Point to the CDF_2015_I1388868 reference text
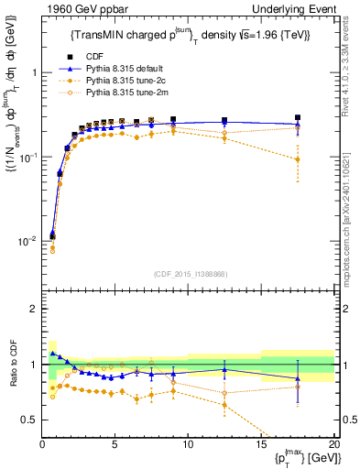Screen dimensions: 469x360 190,273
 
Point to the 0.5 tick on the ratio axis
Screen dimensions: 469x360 32,420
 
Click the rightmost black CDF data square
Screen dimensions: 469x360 298,118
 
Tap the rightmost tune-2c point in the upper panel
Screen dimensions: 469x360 298,159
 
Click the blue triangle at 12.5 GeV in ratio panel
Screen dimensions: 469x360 224,370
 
